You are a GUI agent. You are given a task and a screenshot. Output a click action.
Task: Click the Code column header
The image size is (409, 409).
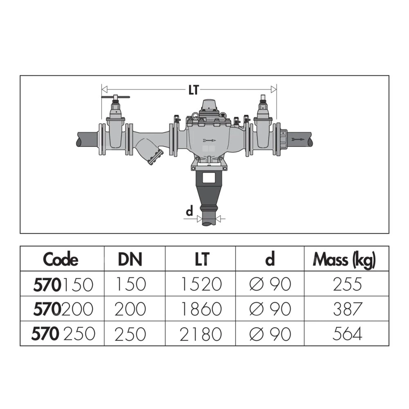61,259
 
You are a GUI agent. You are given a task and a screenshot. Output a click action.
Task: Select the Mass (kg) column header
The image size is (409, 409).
344,260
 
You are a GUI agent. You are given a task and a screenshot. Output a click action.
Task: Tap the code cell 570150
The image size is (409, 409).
63,284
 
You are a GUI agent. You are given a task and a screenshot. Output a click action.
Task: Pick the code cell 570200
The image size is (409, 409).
63,309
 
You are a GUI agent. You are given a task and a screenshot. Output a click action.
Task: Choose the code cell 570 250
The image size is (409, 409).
63,334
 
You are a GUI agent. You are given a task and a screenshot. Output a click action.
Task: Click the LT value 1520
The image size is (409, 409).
201,284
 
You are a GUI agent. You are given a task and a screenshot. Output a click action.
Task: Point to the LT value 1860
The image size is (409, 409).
201,309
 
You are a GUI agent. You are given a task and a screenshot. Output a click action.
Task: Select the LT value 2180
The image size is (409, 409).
200,334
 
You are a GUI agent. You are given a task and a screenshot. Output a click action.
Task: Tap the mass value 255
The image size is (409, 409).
347,284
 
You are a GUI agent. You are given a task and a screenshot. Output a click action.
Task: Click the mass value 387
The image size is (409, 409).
348,309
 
